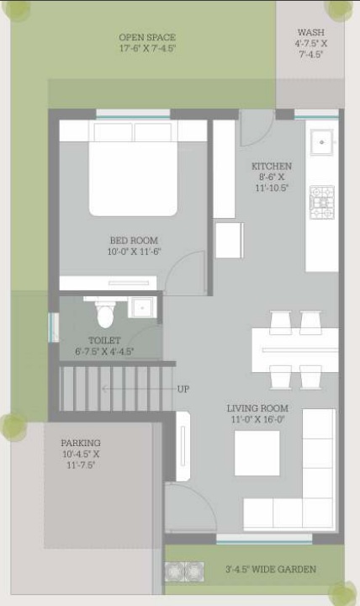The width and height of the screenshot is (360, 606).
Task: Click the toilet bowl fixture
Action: click(x=104, y=316)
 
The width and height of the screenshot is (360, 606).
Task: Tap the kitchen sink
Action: click(x=321, y=143)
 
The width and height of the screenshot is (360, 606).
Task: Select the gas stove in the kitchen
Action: click(x=321, y=202)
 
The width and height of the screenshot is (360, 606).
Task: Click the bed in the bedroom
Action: click(x=133, y=168)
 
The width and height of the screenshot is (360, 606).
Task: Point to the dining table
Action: click(x=294, y=349)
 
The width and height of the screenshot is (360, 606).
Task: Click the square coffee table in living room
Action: click(x=257, y=453)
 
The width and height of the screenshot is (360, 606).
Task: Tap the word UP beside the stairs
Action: click(x=183, y=389)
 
